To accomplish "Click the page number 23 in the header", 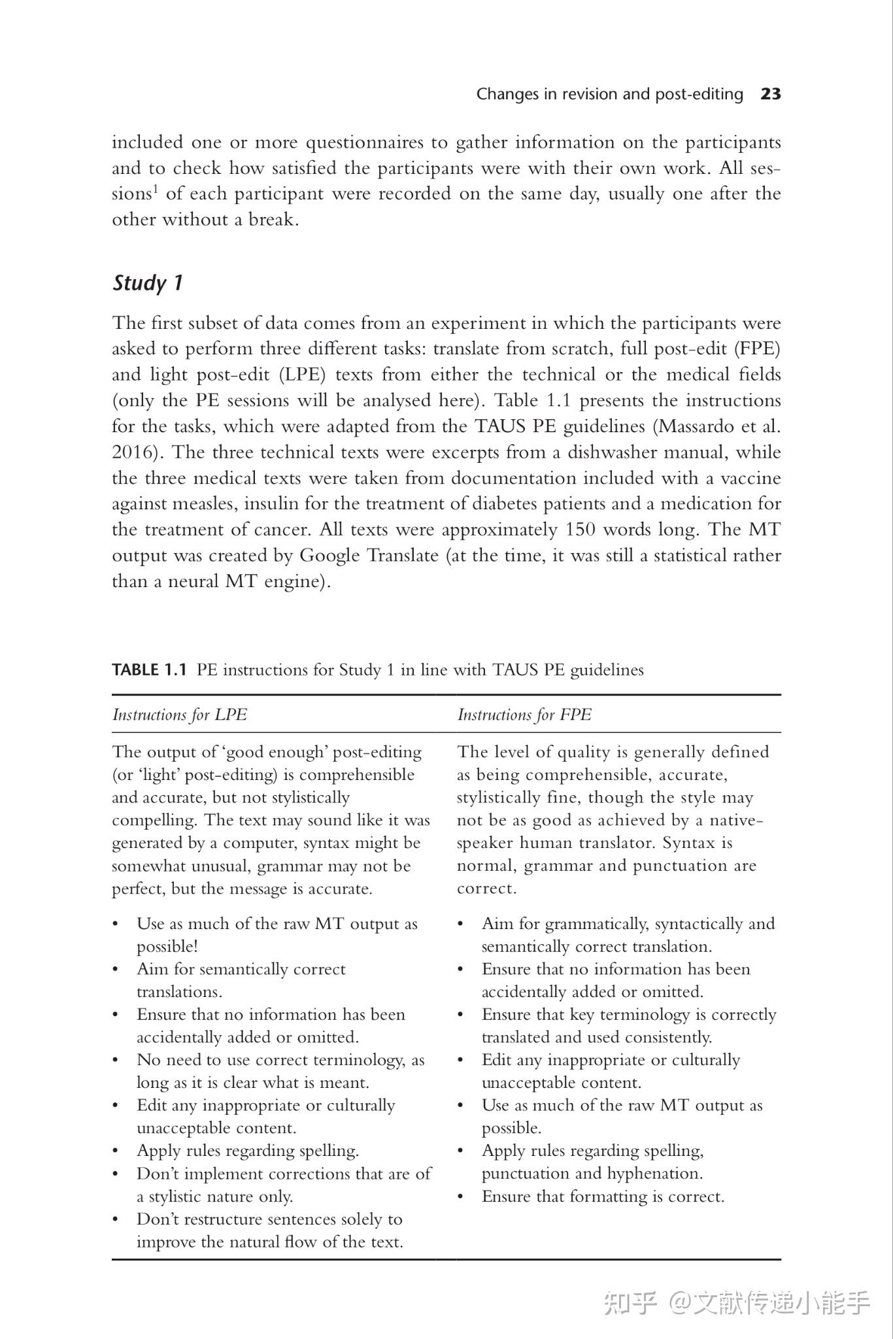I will pos(771,94).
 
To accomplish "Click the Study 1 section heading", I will pos(148,283).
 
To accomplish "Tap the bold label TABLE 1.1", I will pos(150,669).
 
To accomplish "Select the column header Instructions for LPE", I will pos(180,715).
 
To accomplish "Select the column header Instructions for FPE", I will pos(524,715).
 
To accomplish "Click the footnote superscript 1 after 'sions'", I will pos(156,189).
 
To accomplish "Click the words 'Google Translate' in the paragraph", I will pos(369,556).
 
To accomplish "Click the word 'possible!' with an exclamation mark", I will pos(167,947).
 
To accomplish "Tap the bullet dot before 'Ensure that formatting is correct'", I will pos(461,1197).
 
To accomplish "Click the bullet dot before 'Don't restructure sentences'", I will pos(116,1220).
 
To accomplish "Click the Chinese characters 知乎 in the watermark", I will pos(630,1302).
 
